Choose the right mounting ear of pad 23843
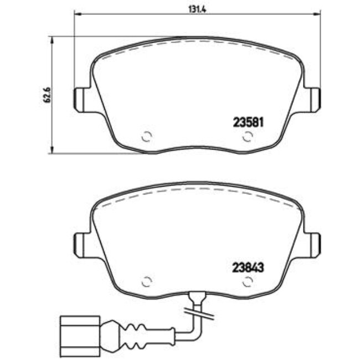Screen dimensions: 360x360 pyautogui.click(x=315, y=243)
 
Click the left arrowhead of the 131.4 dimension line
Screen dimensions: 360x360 pyautogui.click(x=77, y=14)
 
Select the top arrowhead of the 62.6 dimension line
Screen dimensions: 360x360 pyautogui.click(x=53, y=39)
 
